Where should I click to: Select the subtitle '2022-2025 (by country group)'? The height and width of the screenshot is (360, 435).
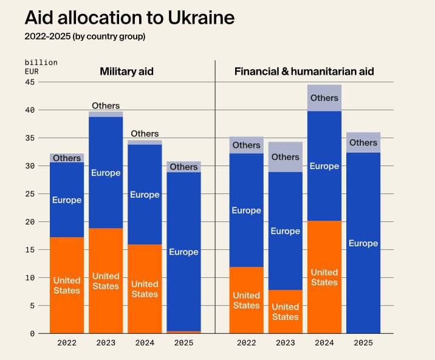(84, 36)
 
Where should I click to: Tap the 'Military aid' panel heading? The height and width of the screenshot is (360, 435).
(126, 72)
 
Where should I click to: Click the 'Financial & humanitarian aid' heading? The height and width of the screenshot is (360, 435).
(304, 72)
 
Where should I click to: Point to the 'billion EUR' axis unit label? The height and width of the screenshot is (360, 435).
(41, 67)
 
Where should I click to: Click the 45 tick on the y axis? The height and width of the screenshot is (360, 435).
(30, 82)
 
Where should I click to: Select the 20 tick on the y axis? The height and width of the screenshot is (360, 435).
(30, 222)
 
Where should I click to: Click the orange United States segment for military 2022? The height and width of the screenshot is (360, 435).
(67, 285)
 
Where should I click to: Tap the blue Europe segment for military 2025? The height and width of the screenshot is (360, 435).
(183, 252)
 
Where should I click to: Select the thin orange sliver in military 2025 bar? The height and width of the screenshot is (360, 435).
(183, 332)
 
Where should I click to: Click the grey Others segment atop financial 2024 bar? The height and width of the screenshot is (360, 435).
(324, 98)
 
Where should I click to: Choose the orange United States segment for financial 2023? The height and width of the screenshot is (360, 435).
(286, 311)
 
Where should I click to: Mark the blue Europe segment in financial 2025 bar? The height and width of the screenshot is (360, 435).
(363, 243)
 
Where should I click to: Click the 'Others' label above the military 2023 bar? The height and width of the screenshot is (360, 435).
(106, 106)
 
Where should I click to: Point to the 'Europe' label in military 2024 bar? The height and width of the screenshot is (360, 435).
(145, 195)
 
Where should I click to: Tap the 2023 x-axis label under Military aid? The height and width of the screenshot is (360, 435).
(106, 343)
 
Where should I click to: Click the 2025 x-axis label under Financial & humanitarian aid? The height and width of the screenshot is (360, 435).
(363, 343)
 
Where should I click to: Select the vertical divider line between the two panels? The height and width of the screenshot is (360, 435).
(215, 195)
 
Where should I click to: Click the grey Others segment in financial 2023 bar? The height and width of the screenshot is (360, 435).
(286, 157)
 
